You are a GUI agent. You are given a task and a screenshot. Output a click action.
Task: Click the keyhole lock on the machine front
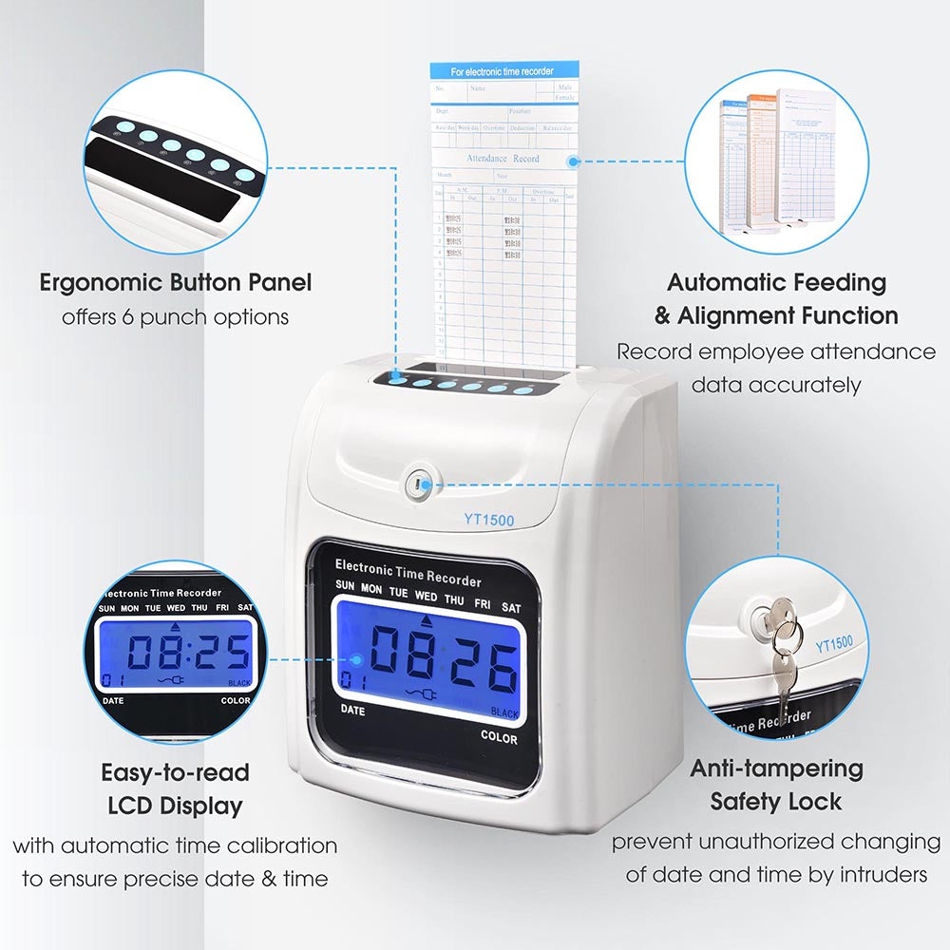click(417, 485)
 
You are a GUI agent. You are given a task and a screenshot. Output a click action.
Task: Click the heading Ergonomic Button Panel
click(176, 282)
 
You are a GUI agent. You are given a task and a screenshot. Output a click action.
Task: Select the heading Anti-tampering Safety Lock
click(776, 784)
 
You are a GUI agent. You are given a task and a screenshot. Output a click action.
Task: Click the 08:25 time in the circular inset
click(189, 651)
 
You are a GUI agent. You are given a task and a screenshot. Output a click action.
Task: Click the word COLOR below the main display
click(499, 736)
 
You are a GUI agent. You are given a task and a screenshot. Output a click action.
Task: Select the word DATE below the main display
click(352, 710)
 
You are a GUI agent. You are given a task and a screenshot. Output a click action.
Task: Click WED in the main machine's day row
click(427, 597)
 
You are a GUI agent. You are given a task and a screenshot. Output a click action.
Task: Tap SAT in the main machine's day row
click(511, 607)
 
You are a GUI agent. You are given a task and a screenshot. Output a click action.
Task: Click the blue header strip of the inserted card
click(503, 71)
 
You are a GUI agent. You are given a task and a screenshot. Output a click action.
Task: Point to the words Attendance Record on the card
click(503, 158)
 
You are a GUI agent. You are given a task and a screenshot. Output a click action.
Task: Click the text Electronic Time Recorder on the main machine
click(408, 573)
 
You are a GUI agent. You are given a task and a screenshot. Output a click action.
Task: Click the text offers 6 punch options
click(176, 316)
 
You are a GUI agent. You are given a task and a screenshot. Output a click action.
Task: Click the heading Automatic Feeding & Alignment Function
click(776, 297)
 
